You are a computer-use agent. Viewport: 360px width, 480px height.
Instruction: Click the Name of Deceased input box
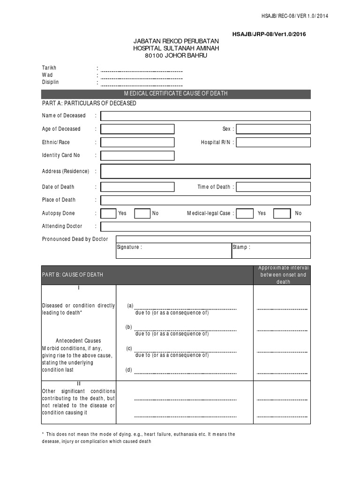205,116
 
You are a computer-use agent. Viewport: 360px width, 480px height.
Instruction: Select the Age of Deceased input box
137,129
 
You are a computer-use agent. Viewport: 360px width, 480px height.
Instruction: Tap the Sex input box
273,129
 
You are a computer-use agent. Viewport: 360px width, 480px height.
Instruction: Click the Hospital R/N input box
273,142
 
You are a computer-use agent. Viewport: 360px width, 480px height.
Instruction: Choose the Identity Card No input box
137,156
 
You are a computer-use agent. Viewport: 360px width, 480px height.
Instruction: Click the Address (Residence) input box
205,171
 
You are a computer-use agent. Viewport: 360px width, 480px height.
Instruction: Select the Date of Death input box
137,187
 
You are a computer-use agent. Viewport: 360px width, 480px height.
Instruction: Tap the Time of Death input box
273,187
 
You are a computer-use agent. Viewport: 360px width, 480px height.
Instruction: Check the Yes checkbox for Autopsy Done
108,213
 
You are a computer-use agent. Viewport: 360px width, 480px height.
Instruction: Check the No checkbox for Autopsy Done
142,213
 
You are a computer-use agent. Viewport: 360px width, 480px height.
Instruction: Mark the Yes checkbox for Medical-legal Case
244,213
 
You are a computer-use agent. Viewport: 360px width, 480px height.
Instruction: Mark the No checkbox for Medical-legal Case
282,213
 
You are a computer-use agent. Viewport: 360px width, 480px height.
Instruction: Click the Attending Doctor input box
205,226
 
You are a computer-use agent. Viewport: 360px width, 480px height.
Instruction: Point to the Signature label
129,247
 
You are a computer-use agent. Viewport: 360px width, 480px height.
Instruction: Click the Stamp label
241,247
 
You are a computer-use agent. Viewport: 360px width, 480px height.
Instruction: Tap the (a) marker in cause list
129,306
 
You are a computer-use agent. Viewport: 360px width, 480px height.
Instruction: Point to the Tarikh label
49,68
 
